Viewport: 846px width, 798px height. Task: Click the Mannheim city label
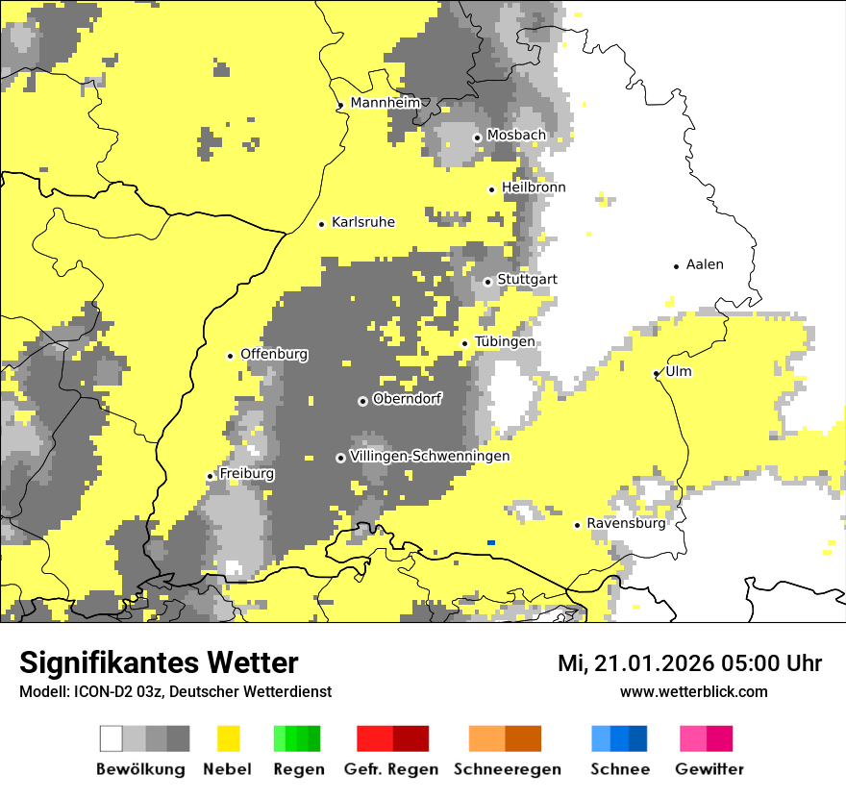click(x=386, y=103)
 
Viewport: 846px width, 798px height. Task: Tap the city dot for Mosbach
click(x=477, y=137)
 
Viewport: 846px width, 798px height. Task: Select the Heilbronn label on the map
click(x=534, y=187)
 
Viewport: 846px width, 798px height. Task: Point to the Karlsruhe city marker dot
click(x=322, y=224)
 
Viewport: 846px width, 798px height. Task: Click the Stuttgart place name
click(x=527, y=280)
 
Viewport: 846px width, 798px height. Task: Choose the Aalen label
click(x=705, y=264)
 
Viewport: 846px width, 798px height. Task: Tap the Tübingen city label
click(x=505, y=342)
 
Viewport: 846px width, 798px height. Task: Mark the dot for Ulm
click(x=657, y=373)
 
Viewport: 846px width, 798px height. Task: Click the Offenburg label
click(x=274, y=354)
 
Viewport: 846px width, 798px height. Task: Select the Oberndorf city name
click(x=408, y=399)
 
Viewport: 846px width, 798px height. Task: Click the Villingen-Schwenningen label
click(x=430, y=456)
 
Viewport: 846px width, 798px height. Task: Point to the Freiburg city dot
click(x=211, y=476)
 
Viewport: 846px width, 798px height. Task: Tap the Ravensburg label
click(x=626, y=524)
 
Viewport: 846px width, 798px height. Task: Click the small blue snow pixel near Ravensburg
click(x=491, y=543)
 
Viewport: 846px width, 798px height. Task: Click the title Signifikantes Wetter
click(x=159, y=663)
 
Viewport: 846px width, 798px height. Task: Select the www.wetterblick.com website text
click(x=693, y=691)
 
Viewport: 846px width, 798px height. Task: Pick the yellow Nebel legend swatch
click(x=229, y=738)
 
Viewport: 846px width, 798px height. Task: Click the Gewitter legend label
click(x=709, y=769)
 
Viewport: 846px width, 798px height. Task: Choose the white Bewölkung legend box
click(x=112, y=738)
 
